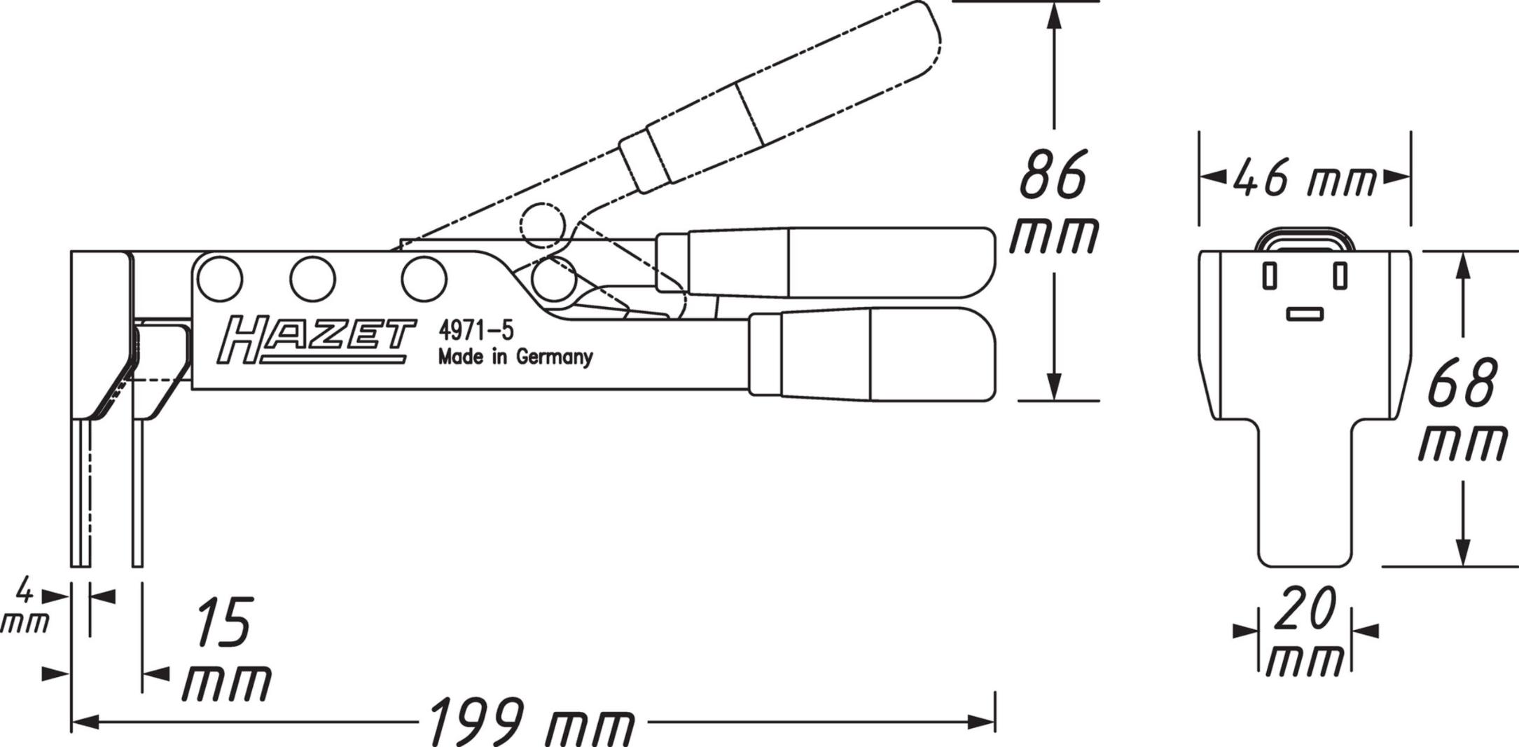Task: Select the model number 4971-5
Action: click(476, 330)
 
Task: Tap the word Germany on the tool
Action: click(554, 357)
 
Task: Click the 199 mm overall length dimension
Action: click(530, 722)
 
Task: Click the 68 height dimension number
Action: click(1462, 383)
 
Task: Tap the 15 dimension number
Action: click(223, 622)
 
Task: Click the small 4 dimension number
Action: click(25, 591)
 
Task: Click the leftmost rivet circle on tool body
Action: click(220, 279)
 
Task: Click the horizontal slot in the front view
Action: click(1305, 314)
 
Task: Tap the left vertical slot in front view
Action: click(1269, 275)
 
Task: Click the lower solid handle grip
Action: click(872, 355)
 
